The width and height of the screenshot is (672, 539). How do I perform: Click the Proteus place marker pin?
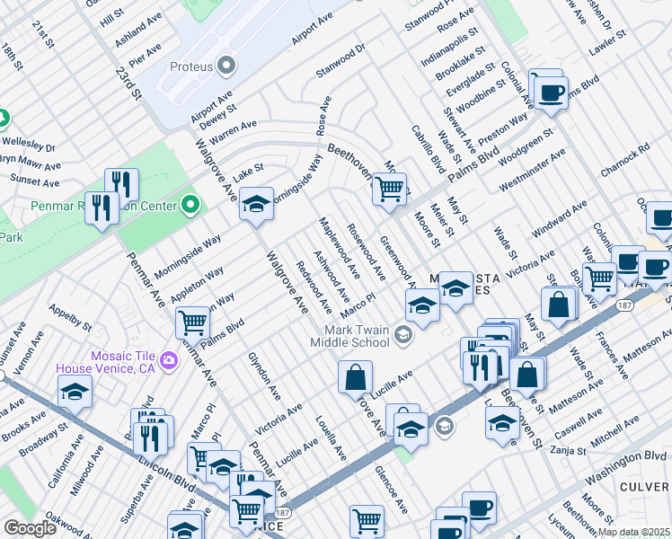pyautogui.click(x=226, y=66)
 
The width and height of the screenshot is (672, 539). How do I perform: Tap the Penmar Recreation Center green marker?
pyautogui.click(x=190, y=206)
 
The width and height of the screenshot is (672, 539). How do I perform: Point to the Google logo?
pyautogui.click(x=30, y=528)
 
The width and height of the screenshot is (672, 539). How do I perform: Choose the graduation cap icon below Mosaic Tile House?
pyautogui.click(x=75, y=391)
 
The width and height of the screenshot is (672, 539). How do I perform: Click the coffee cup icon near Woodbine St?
pyautogui.click(x=550, y=93)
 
